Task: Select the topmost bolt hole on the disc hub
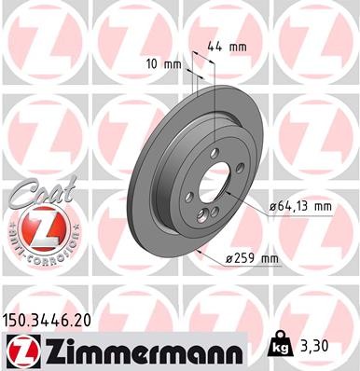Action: click(215, 154)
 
